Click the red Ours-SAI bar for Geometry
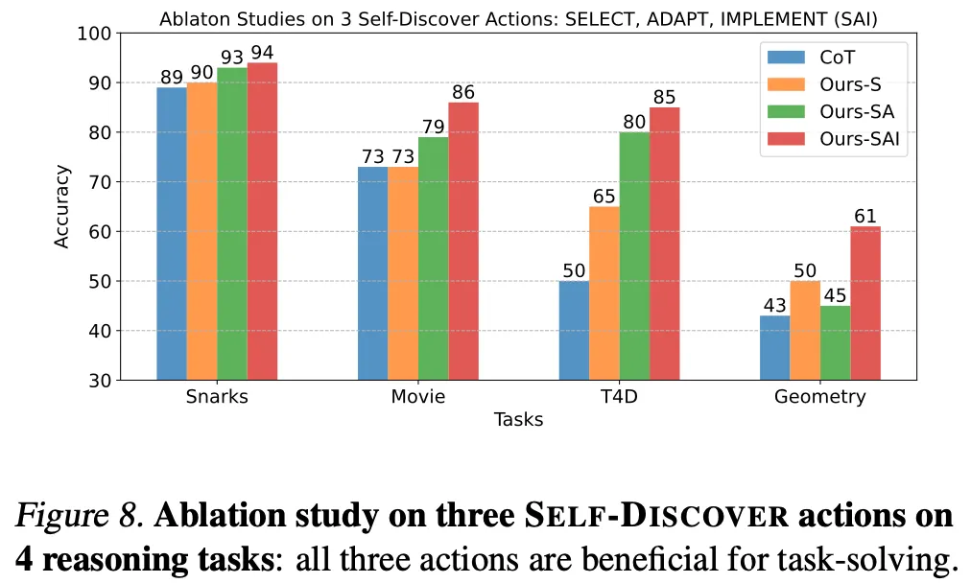(864, 303)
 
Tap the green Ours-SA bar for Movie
(433, 258)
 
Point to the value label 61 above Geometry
(865, 216)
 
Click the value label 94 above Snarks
(263, 52)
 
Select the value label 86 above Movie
(463, 92)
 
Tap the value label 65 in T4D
(604, 197)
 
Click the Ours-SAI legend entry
(843, 140)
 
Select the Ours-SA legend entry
(840, 111)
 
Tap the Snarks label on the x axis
(217, 397)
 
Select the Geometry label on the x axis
(819, 397)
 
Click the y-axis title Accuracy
(62, 206)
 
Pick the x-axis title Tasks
(518, 420)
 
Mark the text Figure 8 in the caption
(80, 516)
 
